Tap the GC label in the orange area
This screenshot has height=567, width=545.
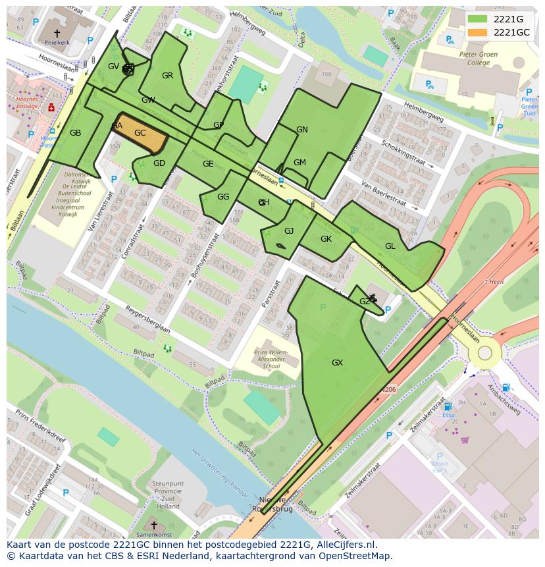coord(140,133)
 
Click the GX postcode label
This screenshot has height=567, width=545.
coord(337,363)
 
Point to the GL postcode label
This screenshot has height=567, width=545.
coord(390,246)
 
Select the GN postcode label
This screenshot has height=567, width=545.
coord(302,130)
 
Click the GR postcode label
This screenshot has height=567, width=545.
coord(167,76)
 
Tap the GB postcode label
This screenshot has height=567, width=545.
coord(75,133)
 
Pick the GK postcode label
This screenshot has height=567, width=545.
coord(326,239)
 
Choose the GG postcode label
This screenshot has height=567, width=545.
coord(223,197)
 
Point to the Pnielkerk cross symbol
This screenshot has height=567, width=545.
coord(57,32)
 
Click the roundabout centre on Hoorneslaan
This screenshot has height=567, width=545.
coord(484,353)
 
